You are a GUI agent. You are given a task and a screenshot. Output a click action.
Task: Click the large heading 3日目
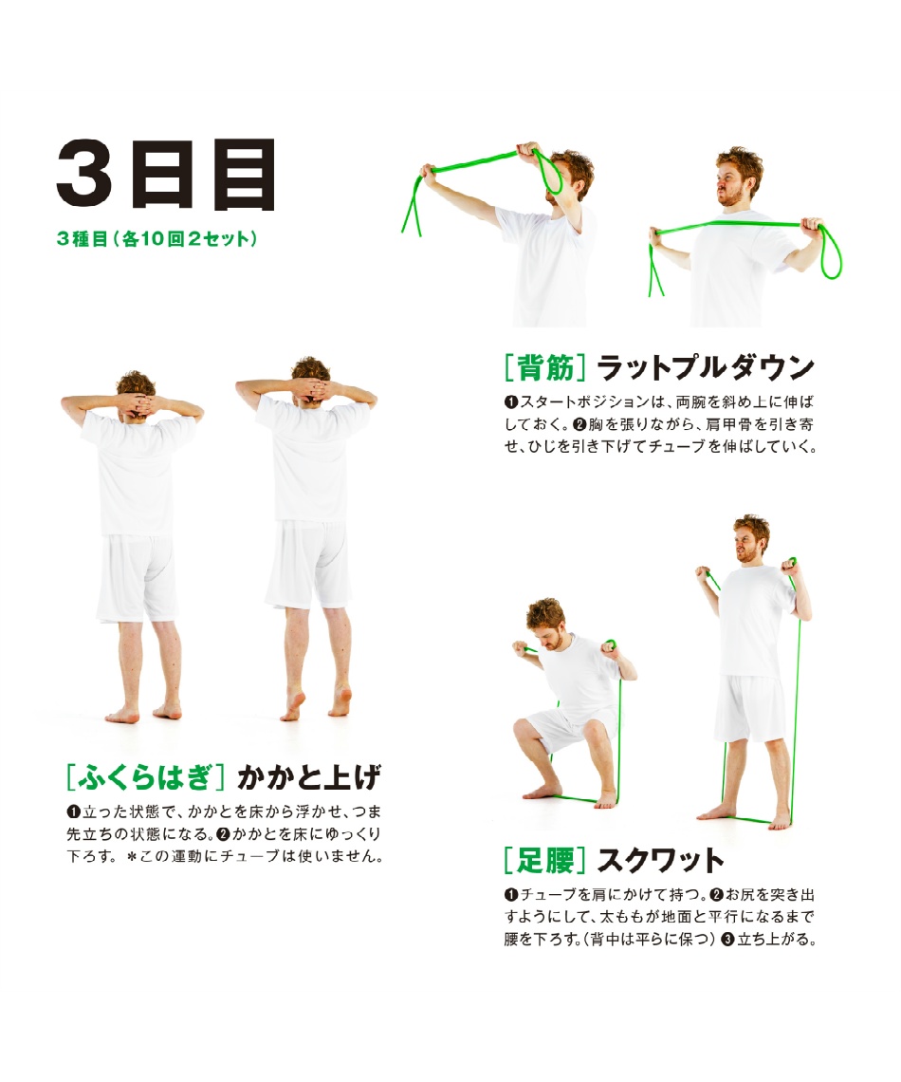[x=166, y=174]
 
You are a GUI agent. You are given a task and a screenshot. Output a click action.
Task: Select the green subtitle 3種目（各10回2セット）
[x=157, y=239]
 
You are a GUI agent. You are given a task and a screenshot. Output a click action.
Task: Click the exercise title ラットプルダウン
[x=706, y=368]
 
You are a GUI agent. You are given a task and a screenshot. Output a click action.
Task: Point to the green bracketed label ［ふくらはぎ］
[x=145, y=777]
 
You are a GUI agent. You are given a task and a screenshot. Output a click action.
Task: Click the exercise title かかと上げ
[x=308, y=777]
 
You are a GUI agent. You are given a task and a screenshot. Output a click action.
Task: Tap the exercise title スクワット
[x=660, y=861]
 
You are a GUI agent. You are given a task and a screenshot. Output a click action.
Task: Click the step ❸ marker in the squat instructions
[x=727, y=940]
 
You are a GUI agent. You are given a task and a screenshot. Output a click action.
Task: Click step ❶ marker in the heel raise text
[x=73, y=811]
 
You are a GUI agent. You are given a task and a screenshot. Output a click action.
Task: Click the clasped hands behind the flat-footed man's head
[x=137, y=403]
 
